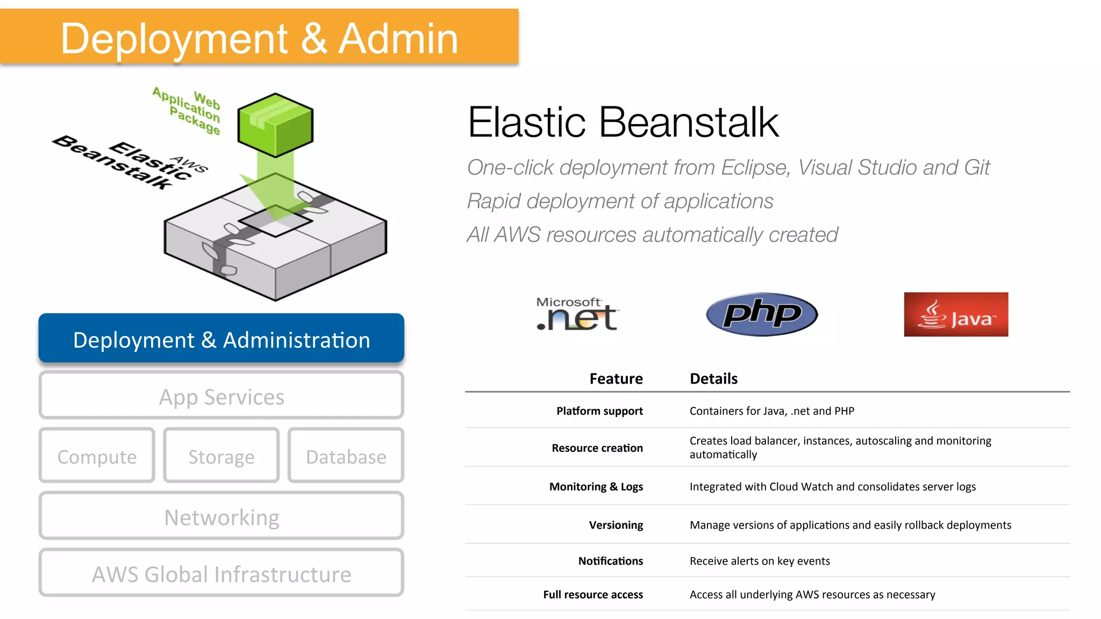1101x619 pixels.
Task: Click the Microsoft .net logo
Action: [577, 314]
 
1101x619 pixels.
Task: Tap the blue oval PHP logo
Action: [762, 314]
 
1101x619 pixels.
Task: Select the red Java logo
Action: [956, 314]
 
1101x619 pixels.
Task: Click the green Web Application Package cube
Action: [275, 125]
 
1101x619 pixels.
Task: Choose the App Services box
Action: [221, 397]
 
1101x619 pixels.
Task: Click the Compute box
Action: [97, 456]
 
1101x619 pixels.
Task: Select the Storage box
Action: [221, 456]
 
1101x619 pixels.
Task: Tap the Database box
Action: [346, 456]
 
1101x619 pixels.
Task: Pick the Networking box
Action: [221, 517]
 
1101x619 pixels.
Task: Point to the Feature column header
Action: [616, 379]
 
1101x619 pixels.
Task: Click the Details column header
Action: [713, 379]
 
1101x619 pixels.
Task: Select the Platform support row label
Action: [599, 411]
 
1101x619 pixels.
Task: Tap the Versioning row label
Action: [616, 525]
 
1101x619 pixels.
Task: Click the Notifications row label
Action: [610, 561]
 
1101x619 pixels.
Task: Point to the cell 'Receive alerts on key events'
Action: [760, 561]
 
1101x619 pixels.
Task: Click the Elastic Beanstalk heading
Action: [623, 122]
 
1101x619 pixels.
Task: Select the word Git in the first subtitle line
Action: [976, 168]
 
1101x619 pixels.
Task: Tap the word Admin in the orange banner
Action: [398, 39]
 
